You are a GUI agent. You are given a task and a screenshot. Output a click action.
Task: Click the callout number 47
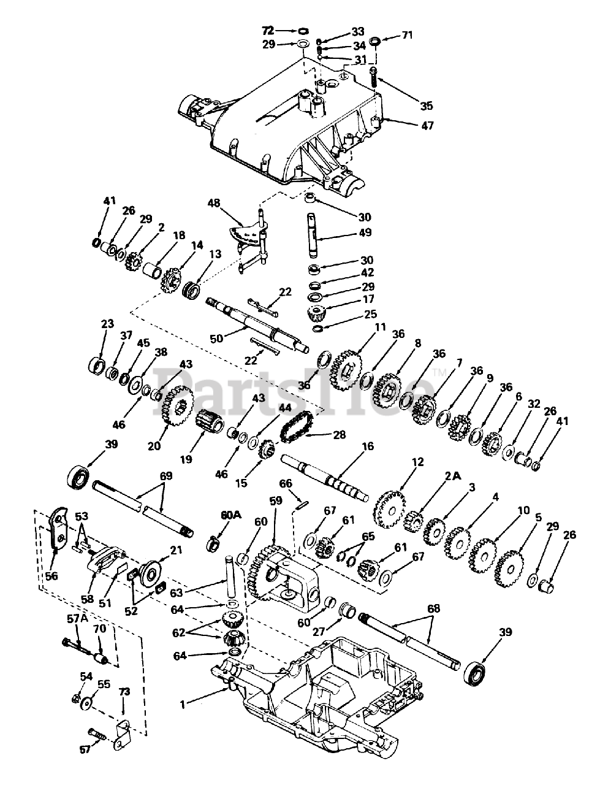[427, 126]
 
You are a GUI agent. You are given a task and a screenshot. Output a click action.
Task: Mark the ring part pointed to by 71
[376, 41]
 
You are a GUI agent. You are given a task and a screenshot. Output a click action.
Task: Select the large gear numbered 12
[390, 508]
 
